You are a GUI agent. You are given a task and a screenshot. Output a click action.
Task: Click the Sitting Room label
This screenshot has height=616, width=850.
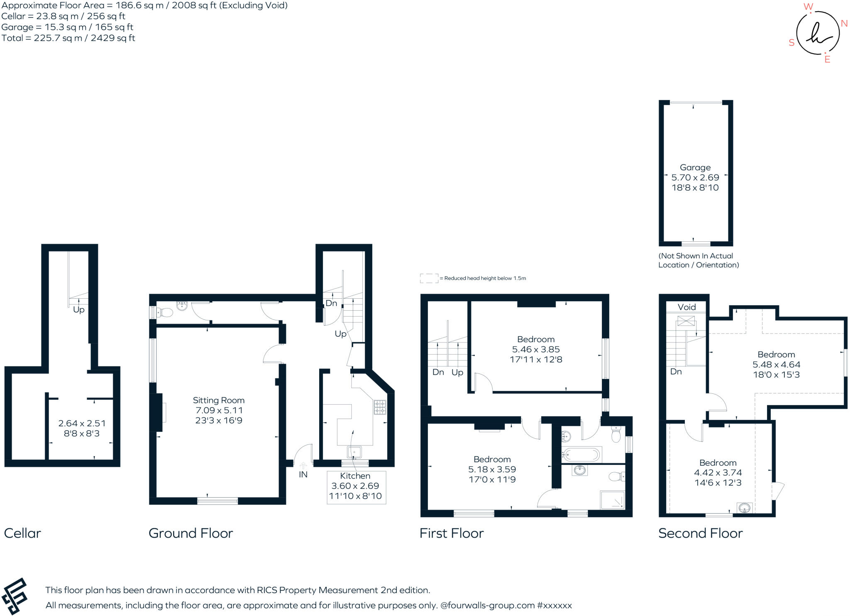(x=218, y=400)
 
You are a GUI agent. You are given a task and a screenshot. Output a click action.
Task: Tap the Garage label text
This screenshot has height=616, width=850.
(x=695, y=167)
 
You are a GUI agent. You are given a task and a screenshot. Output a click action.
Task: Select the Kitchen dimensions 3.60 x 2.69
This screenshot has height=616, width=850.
(x=355, y=486)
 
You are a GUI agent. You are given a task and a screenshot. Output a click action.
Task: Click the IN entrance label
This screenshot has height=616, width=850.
(x=303, y=474)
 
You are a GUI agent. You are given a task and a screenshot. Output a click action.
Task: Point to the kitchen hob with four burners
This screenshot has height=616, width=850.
(x=380, y=407)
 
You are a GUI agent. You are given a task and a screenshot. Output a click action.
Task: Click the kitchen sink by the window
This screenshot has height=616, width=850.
(x=354, y=452)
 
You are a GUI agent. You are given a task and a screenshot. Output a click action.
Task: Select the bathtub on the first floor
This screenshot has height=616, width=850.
(x=581, y=454)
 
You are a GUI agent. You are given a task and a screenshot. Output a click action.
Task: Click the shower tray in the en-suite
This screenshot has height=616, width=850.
(x=613, y=500)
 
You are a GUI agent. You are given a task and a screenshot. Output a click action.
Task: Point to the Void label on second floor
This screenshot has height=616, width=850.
(x=686, y=307)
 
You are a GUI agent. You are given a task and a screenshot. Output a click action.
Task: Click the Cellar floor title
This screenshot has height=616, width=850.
(x=22, y=533)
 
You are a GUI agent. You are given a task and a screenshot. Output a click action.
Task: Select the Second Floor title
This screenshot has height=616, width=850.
(x=700, y=533)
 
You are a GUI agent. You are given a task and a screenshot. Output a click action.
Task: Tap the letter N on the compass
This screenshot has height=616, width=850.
(x=844, y=23)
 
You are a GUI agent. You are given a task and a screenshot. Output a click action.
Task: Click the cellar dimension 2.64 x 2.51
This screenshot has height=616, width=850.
(x=82, y=423)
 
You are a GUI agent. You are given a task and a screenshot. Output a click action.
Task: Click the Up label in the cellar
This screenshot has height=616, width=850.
(x=78, y=310)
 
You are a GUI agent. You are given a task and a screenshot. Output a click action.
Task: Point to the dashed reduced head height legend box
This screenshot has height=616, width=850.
(x=429, y=278)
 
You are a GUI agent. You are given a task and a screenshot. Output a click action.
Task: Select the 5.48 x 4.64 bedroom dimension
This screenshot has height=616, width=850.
(x=776, y=364)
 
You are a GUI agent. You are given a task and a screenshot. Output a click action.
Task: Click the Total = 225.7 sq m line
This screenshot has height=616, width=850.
(x=68, y=38)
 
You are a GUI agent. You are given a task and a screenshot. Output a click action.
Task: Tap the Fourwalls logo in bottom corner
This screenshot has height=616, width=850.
(x=15, y=596)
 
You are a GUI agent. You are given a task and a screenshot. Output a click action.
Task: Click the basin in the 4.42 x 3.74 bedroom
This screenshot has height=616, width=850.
(x=745, y=508)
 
